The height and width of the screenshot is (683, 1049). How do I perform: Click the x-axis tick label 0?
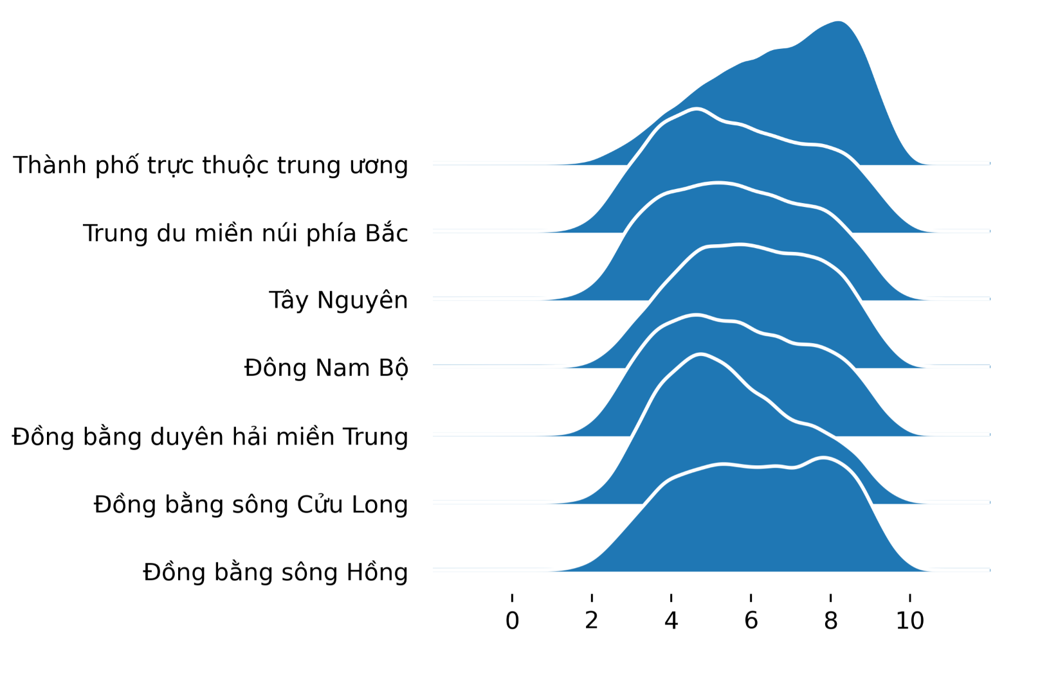click(512, 621)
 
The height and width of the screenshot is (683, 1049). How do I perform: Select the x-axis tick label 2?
click(592, 621)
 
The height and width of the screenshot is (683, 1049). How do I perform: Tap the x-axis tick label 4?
click(671, 621)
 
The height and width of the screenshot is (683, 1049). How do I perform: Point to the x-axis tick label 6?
click(751, 621)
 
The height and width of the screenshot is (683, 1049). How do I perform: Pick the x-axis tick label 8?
click(830, 621)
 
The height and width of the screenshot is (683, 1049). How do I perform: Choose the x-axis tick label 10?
click(910, 621)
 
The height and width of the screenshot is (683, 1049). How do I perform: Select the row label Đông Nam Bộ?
click(327, 368)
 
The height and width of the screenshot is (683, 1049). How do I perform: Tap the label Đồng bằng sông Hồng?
click(275, 572)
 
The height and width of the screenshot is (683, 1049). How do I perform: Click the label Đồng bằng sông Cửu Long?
click(251, 504)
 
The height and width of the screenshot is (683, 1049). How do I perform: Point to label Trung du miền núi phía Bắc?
click(246, 233)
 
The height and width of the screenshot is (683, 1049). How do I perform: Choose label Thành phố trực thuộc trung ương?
click(211, 166)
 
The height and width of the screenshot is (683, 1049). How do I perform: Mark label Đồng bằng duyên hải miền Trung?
click(210, 436)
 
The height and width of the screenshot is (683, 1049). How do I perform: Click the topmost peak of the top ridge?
click(839, 21)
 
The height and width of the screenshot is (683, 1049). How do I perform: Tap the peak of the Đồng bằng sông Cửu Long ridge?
click(700, 354)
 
